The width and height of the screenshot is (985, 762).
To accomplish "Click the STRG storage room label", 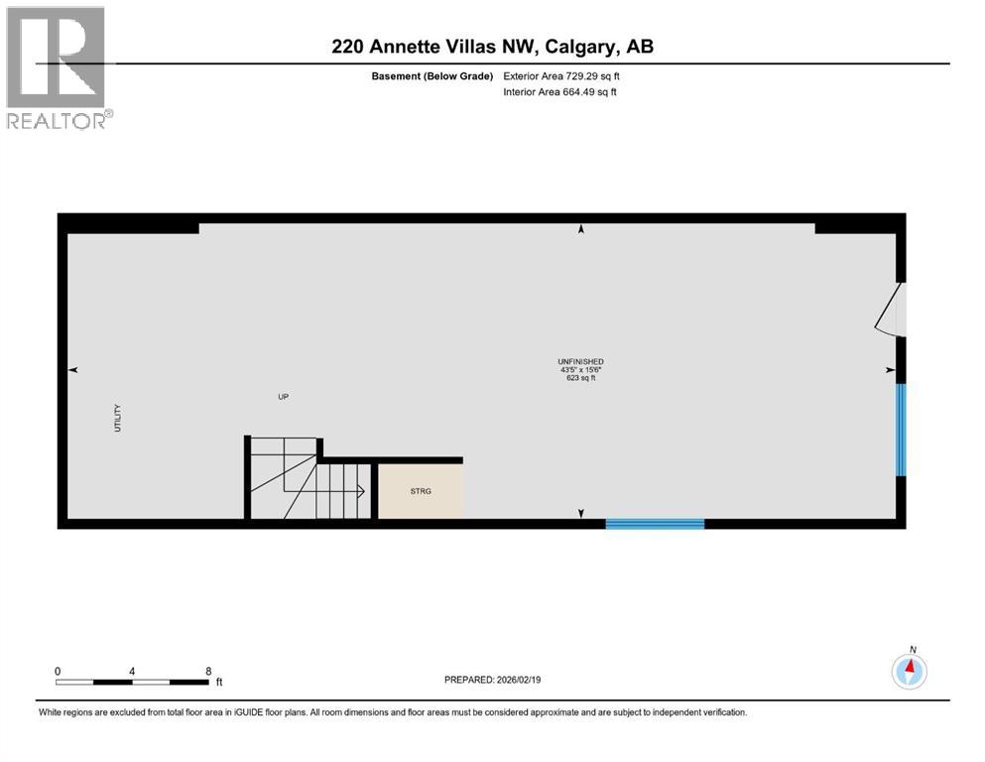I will [x=420, y=491].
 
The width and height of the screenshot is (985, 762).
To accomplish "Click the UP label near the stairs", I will [x=283, y=397].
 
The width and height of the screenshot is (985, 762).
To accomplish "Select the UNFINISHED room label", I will [x=580, y=361].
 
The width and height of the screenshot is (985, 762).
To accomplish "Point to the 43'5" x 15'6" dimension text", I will [x=580, y=370].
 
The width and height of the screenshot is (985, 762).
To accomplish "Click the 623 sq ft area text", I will [x=580, y=378].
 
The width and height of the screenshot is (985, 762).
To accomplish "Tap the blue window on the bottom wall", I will [x=655, y=523].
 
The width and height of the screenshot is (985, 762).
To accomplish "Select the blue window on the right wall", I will [x=901, y=430].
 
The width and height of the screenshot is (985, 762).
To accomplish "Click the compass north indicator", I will [x=910, y=671].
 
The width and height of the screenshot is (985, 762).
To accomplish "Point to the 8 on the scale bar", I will [x=208, y=671].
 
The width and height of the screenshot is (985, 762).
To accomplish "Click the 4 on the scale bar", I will [x=132, y=671].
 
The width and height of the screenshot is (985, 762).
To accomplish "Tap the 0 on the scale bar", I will [x=58, y=671].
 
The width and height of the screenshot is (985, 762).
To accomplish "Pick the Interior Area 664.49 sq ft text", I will [x=562, y=92].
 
